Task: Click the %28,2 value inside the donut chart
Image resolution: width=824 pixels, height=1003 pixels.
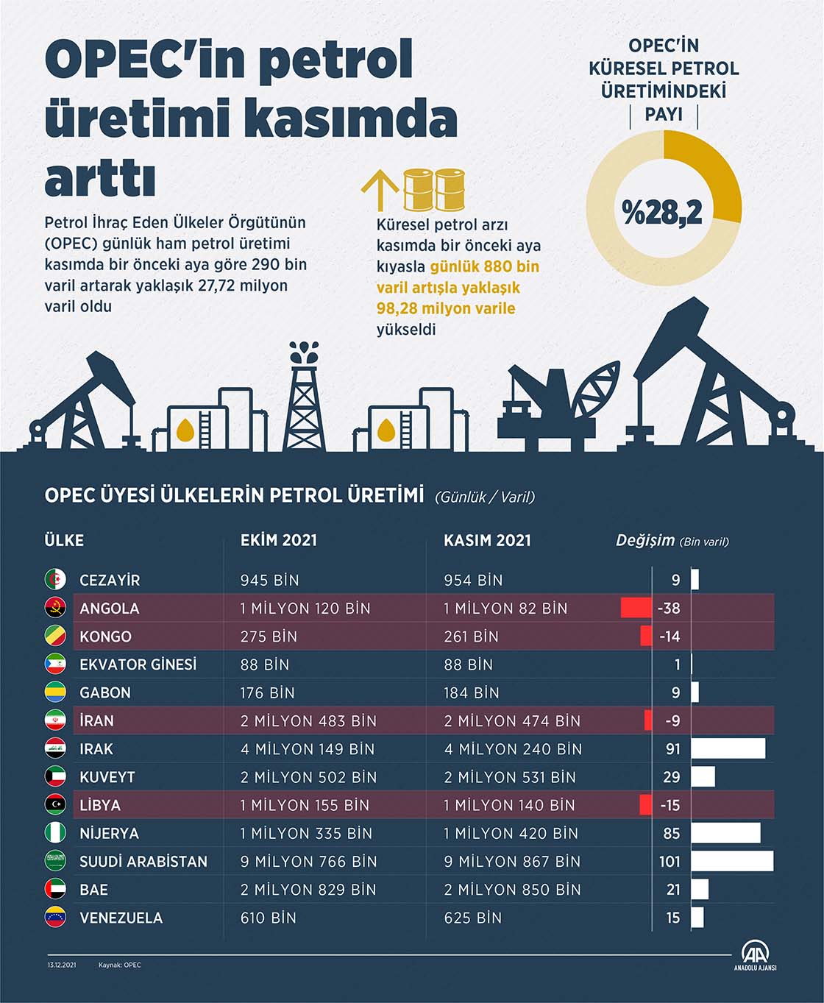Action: [662, 212]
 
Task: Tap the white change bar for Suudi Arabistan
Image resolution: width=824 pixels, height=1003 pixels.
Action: [732, 861]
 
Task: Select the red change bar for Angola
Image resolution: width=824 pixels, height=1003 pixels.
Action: [636, 609]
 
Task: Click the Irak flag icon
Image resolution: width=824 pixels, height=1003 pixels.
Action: [55, 749]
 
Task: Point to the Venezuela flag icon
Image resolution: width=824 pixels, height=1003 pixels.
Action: [55, 918]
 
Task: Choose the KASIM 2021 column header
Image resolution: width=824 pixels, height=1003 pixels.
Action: [487, 541]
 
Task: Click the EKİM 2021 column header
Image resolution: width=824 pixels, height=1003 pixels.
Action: [278, 541]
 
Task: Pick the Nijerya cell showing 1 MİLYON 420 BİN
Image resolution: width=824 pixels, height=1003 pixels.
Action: [511, 834]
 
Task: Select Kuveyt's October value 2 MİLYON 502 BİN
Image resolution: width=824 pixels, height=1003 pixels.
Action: [308, 777]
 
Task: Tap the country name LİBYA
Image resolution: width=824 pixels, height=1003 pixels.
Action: [100, 805]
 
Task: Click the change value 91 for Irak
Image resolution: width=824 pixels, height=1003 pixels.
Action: [672, 749]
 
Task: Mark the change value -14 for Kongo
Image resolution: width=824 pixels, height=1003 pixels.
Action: [669, 637]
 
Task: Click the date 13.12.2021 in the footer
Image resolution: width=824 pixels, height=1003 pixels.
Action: [62, 965]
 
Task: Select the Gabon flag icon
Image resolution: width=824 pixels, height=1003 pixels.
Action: [55, 692]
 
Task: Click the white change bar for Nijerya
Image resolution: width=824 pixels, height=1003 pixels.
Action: [725, 833]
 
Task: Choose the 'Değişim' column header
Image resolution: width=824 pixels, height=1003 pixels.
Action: [644, 541]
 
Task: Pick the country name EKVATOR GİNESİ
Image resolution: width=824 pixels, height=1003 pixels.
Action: [138, 664]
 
